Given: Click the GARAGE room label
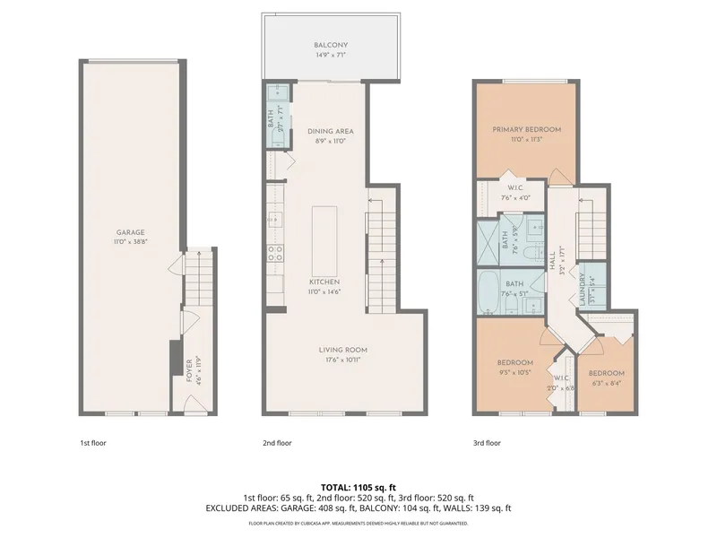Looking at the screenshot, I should [x=130, y=231].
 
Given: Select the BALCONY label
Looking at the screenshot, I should [x=331, y=45].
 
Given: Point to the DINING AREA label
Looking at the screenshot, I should [x=331, y=131].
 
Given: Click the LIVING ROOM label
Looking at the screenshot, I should [x=343, y=350].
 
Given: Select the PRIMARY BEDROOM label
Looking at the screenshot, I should [x=526, y=129].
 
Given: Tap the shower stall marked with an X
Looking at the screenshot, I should [x=489, y=240].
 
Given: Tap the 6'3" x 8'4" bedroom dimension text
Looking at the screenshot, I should [x=607, y=383].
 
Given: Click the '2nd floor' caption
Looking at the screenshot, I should [x=277, y=443].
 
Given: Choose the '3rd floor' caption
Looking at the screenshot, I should [x=487, y=443].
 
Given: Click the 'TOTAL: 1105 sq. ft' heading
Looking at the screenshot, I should [x=358, y=487].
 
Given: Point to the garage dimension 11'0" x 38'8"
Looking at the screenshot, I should [x=130, y=241].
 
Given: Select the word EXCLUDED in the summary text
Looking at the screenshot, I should [x=228, y=508].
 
